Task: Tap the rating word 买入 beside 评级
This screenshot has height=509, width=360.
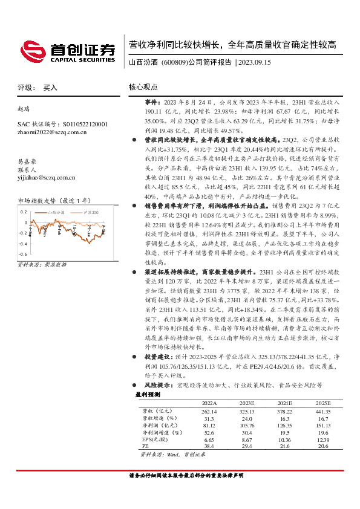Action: coord(50,88)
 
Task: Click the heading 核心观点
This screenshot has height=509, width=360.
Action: coord(143,87)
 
